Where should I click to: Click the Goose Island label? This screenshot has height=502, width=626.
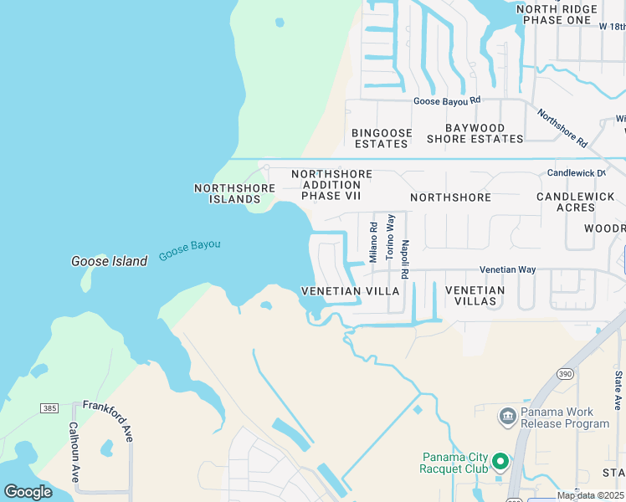pyautogui.click(x=109, y=261)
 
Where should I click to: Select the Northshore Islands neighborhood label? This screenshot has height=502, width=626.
pyautogui.click(x=234, y=193)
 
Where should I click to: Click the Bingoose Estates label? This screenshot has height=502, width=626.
pyautogui.click(x=380, y=138)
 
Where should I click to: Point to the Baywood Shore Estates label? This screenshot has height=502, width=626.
pyautogui.click(x=475, y=133)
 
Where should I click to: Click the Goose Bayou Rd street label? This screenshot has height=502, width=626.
pyautogui.click(x=448, y=100)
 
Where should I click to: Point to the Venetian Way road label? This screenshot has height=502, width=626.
pyautogui.click(x=506, y=270)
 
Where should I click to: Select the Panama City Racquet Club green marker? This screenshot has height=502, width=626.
pyautogui.click(x=500, y=461)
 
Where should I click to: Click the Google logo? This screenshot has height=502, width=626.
pyautogui.click(x=28, y=491)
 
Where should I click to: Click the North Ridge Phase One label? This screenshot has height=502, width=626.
pyautogui.click(x=557, y=14)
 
